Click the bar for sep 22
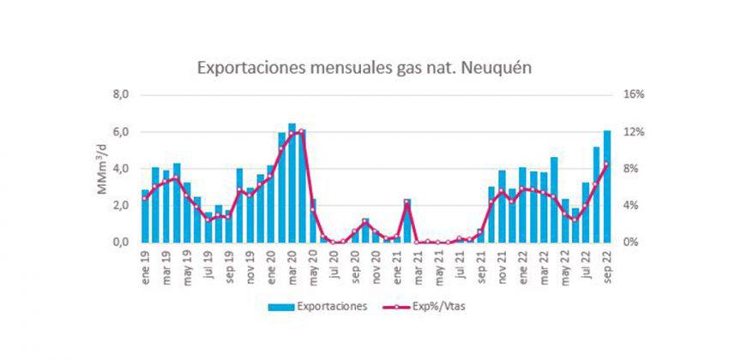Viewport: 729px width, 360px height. (x=607, y=187)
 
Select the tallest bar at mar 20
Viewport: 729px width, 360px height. (x=292, y=183)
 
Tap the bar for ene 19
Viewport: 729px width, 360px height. (x=146, y=216)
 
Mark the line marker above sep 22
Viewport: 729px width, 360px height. (x=607, y=164)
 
